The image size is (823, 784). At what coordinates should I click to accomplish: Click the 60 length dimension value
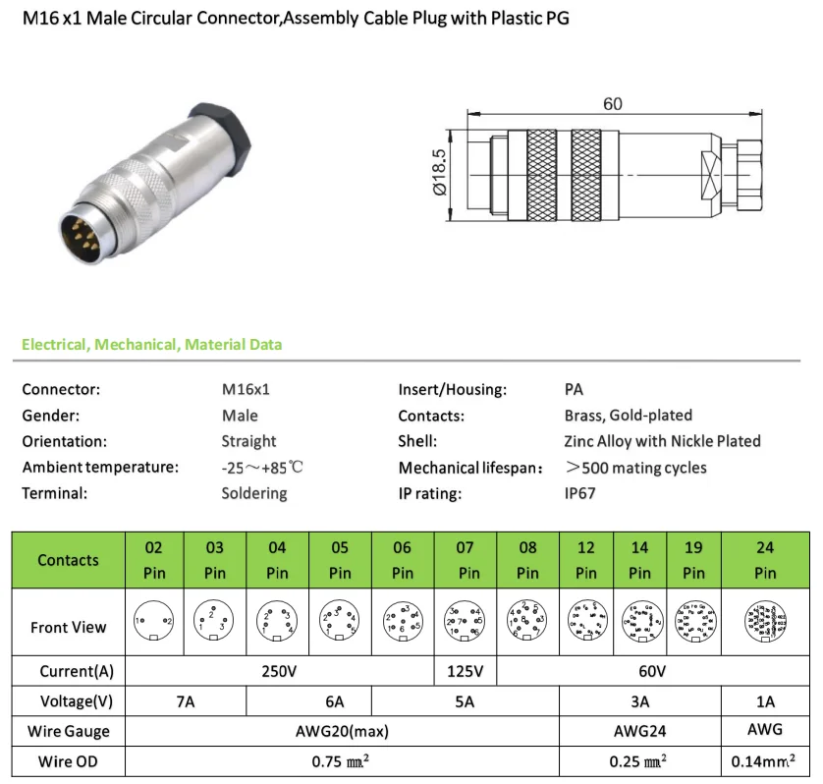[x=613, y=105]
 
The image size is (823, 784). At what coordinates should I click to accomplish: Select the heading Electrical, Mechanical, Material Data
[x=151, y=345]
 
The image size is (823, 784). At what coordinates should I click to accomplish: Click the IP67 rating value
[x=579, y=493]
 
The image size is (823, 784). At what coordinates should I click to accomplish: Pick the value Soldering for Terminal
[x=254, y=493]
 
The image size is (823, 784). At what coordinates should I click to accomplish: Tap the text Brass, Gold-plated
[x=629, y=415]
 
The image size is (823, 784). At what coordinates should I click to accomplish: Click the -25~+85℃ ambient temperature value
[x=262, y=468]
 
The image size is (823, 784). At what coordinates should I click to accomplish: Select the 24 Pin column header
[x=765, y=560]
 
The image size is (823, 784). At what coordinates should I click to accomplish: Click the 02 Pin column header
[x=153, y=560]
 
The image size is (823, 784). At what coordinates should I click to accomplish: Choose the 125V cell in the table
[x=466, y=673]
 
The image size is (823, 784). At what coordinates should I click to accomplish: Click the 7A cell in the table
[x=187, y=702]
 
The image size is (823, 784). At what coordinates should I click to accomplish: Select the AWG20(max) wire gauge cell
[x=341, y=732]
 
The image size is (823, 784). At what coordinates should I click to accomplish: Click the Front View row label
[x=69, y=627]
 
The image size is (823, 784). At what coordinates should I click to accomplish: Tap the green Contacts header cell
[x=69, y=560]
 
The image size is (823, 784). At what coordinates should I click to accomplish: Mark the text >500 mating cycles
[x=635, y=468]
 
